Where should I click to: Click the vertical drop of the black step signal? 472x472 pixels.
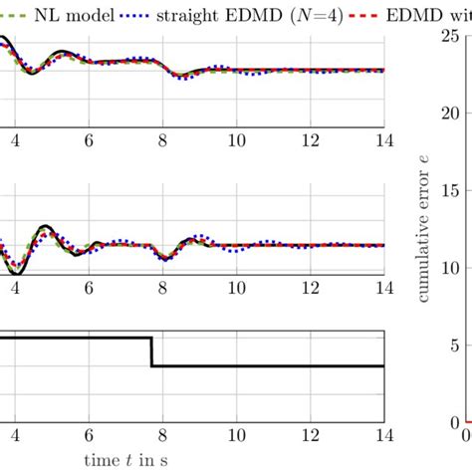click(151, 353)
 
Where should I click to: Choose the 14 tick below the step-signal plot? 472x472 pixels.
click(381, 435)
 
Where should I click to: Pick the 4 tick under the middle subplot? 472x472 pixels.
click(14, 289)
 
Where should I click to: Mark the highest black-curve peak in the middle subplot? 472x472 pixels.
click(46, 227)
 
